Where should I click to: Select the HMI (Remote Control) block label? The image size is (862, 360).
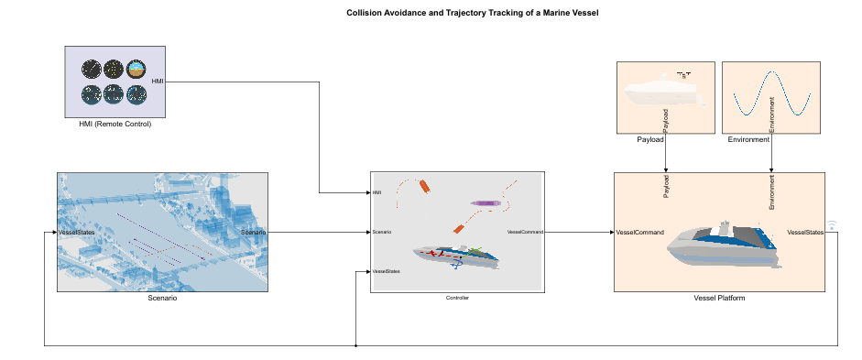tap(115, 124)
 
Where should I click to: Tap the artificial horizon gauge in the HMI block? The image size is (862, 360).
tap(136, 69)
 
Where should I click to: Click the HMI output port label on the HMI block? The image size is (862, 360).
tap(157, 82)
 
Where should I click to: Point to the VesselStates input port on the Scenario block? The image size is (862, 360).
tap(77, 233)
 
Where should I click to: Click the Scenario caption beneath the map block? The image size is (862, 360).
tap(162, 298)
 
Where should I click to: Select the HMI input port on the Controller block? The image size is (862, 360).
tap(376, 192)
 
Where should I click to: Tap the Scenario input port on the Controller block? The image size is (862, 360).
tap(382, 232)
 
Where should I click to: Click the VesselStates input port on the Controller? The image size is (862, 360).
tap(386, 271)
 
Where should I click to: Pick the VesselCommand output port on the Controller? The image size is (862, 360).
tap(525, 232)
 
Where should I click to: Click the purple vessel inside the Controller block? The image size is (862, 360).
tap(485, 202)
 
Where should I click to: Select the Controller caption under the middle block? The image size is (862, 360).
tap(457, 299)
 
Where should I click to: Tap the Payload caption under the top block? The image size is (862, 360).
tap(649, 140)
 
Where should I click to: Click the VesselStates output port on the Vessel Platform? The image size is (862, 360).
tap(805, 233)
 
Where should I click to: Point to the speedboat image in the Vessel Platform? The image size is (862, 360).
tap(723, 245)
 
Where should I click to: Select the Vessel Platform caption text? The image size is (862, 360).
tap(719, 299)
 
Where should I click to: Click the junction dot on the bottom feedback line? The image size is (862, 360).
tap(355, 345)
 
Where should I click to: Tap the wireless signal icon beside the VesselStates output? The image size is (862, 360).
tap(832, 225)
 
